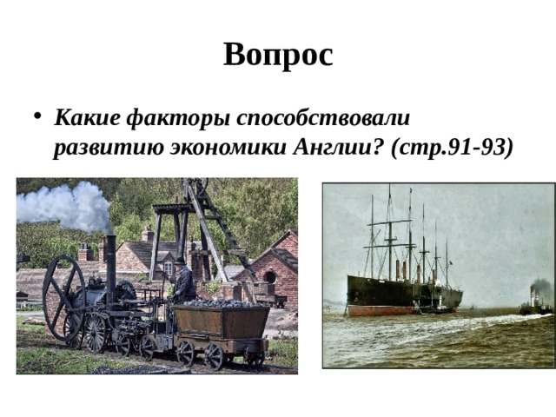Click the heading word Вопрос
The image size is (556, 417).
pyautogui.click(x=278, y=55)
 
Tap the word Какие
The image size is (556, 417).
pyautogui.click(x=86, y=116)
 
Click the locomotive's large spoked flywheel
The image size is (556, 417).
pyautogui.click(x=63, y=296)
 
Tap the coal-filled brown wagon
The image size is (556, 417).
pyautogui.click(x=222, y=323)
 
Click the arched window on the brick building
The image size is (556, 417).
pyautogui.click(x=269, y=277)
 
